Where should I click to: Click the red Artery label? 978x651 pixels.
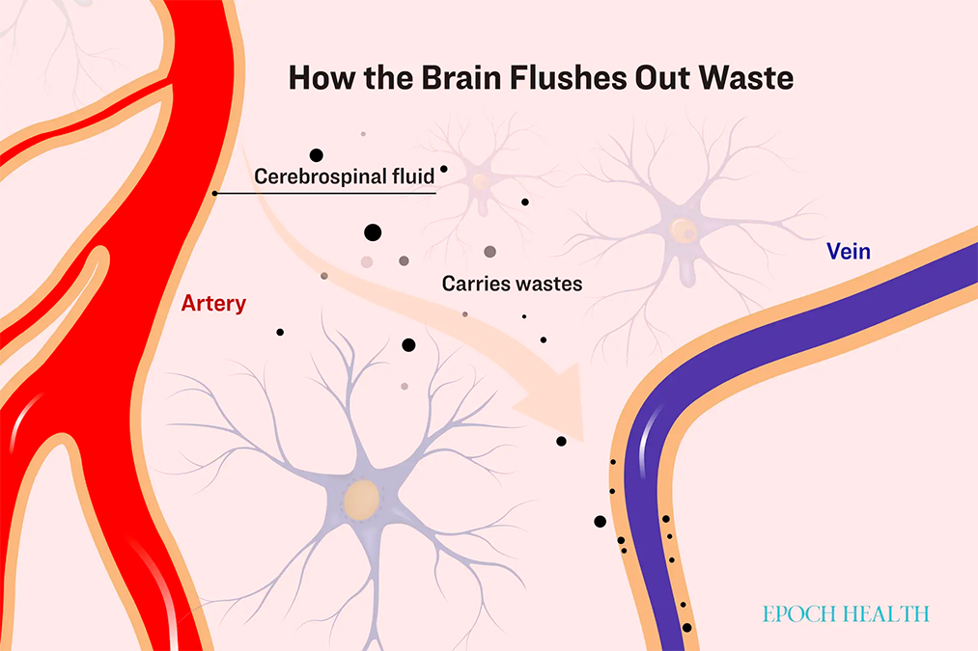pyautogui.click(x=213, y=304)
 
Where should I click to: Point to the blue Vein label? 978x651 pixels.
pyautogui.click(x=849, y=253)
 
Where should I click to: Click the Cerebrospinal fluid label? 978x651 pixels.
pyautogui.click(x=344, y=176)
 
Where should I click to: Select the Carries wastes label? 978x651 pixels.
pyautogui.click(x=512, y=285)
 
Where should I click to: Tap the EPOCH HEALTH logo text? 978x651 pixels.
pyautogui.click(x=844, y=613)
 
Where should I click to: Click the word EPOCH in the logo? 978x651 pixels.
pyautogui.click(x=797, y=613)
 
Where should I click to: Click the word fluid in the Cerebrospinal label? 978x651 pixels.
pyautogui.click(x=413, y=176)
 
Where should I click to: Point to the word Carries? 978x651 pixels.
pyautogui.click(x=474, y=285)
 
